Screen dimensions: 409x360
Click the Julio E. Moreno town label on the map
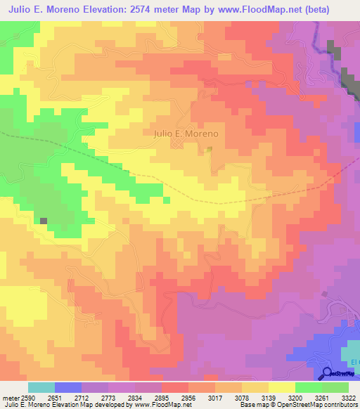click(x=186, y=133)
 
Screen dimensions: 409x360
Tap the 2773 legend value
click(x=108, y=398)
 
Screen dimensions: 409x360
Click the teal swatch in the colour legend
click(x=41, y=387)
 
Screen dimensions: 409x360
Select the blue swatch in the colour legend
click(x=68, y=387)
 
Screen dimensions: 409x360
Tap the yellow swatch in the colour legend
click(x=281, y=387)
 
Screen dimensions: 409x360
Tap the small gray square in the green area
click(x=44, y=221)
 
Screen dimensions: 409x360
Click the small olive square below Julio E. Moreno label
click(x=209, y=149)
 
